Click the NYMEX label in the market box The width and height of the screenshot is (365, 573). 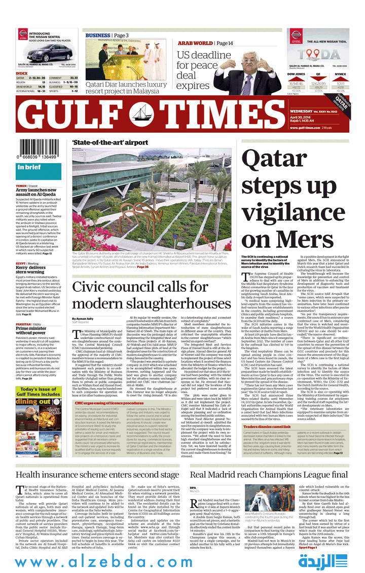[x=340, y=74]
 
